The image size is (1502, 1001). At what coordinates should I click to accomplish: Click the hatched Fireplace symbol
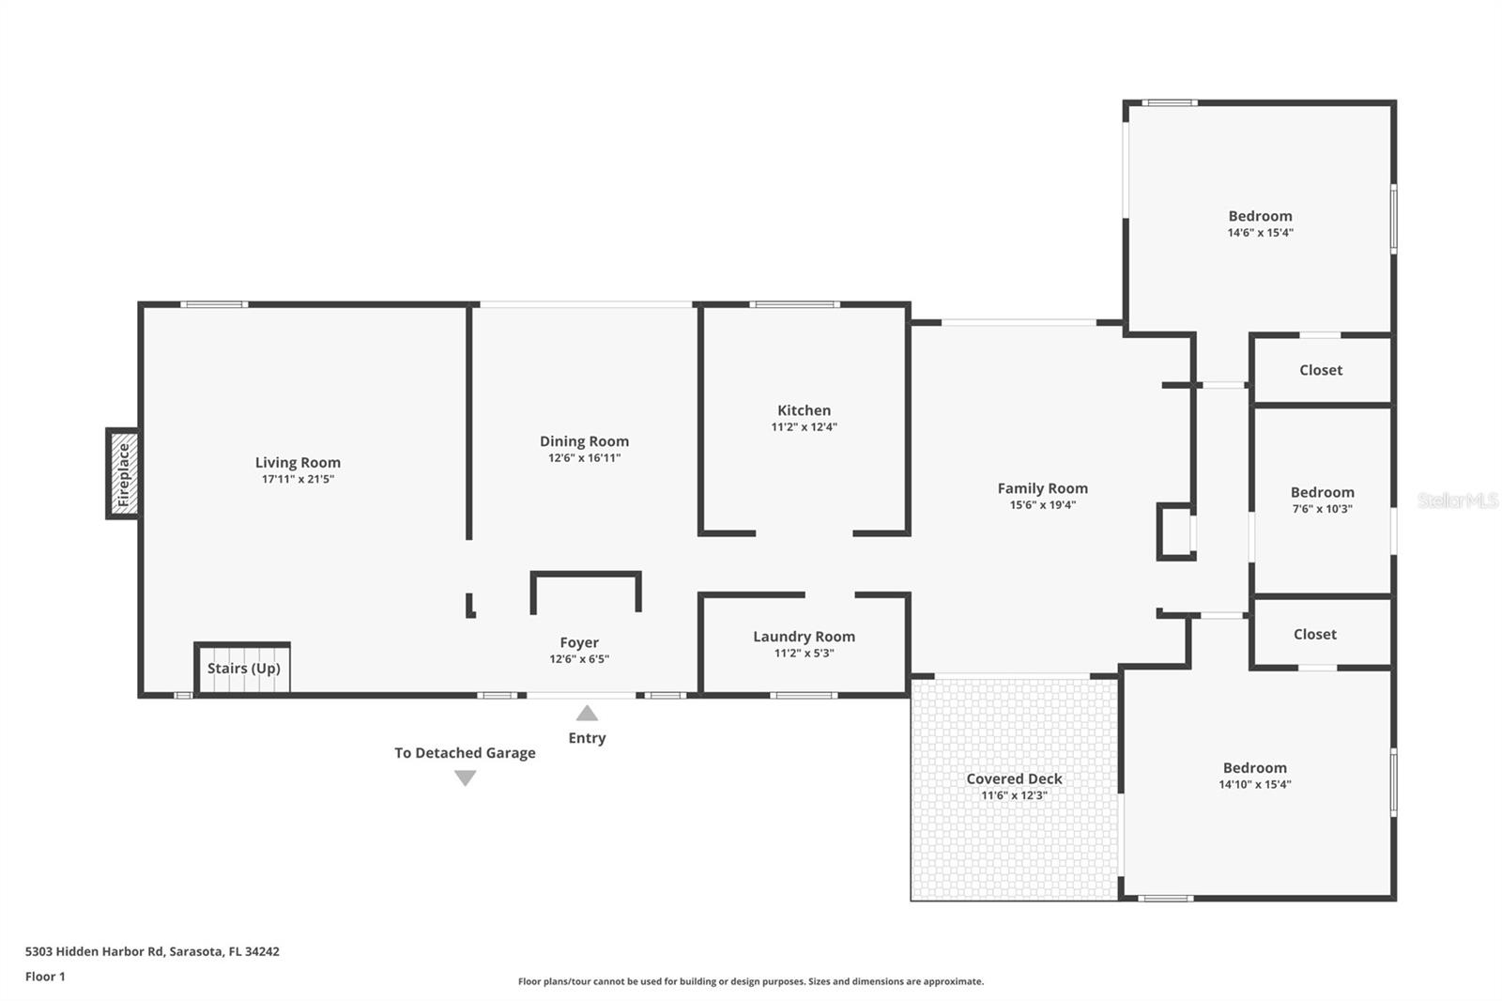pyautogui.click(x=123, y=473)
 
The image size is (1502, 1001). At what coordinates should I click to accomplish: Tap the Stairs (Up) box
pyautogui.click(x=243, y=668)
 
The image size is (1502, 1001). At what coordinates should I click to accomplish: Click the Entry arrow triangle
pyautogui.click(x=587, y=713)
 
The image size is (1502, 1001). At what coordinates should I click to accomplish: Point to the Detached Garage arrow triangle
pyautogui.click(x=466, y=778)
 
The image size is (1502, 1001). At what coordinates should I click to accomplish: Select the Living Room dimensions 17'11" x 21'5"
pyautogui.click(x=298, y=479)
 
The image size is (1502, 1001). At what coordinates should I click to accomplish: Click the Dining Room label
pyautogui.click(x=584, y=440)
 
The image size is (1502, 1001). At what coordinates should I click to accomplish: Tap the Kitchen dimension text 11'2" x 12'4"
pyautogui.click(x=804, y=426)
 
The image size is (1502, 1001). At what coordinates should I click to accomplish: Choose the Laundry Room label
pyautogui.click(x=804, y=636)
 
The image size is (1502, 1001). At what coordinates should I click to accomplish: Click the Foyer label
pyautogui.click(x=579, y=642)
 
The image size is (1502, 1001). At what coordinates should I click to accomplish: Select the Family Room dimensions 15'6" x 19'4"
pyautogui.click(x=1043, y=504)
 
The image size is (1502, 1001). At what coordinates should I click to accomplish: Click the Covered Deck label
pyautogui.click(x=1014, y=778)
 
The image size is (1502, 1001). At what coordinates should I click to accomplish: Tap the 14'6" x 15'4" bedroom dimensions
pyautogui.click(x=1261, y=233)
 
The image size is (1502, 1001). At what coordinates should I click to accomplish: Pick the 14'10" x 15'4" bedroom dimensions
pyautogui.click(x=1254, y=784)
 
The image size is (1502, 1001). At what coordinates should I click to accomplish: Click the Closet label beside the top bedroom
pyautogui.click(x=1321, y=370)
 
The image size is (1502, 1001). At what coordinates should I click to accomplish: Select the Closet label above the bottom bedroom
pyautogui.click(x=1315, y=634)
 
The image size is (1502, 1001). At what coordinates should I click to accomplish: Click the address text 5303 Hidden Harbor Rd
pyautogui.click(x=95, y=950)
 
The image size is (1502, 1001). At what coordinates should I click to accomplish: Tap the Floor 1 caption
pyautogui.click(x=45, y=977)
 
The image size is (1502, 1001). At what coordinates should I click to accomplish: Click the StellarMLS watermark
pyautogui.click(x=1457, y=500)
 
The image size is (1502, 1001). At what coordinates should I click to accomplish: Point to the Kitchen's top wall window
pyautogui.click(x=794, y=304)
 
